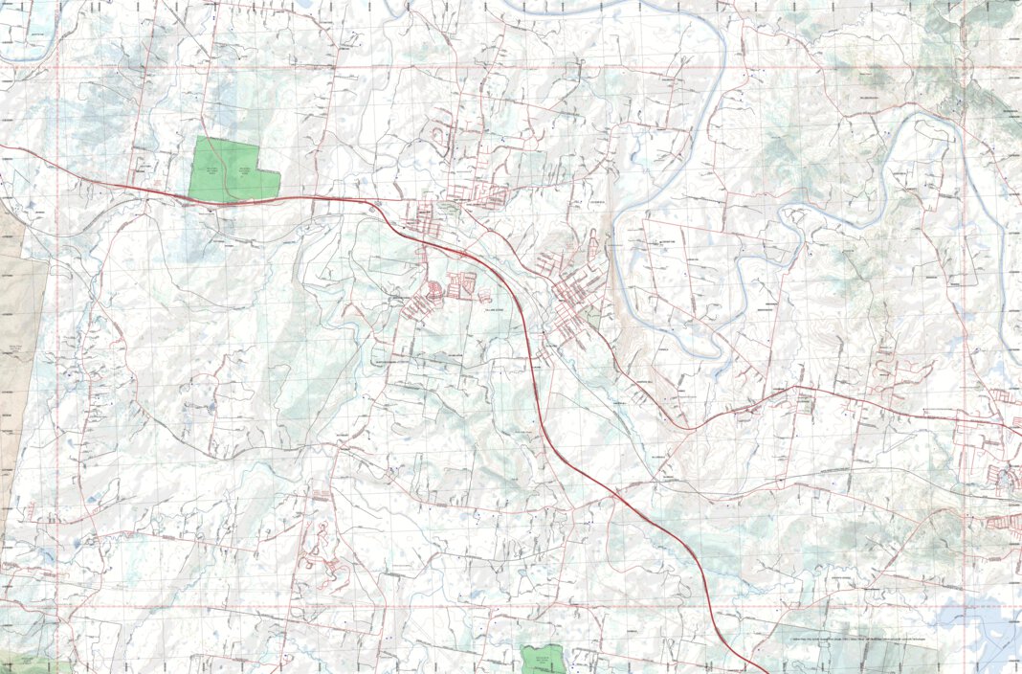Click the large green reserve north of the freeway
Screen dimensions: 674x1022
tap(230, 169)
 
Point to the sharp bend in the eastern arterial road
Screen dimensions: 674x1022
tap(799, 388)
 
